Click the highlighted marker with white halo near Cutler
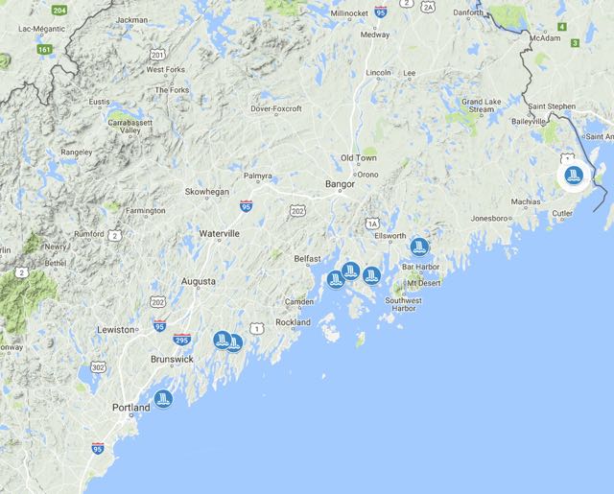pos(574,176)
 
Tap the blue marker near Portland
pos(163,398)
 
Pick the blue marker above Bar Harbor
pos(418,246)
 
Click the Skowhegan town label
pos(207,192)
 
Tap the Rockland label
pos(293,322)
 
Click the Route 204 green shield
pos(59,10)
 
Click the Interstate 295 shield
pos(182,340)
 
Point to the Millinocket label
pos(356,13)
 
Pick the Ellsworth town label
pos(391,235)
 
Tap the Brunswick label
pos(173,359)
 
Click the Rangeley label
pos(77,152)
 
